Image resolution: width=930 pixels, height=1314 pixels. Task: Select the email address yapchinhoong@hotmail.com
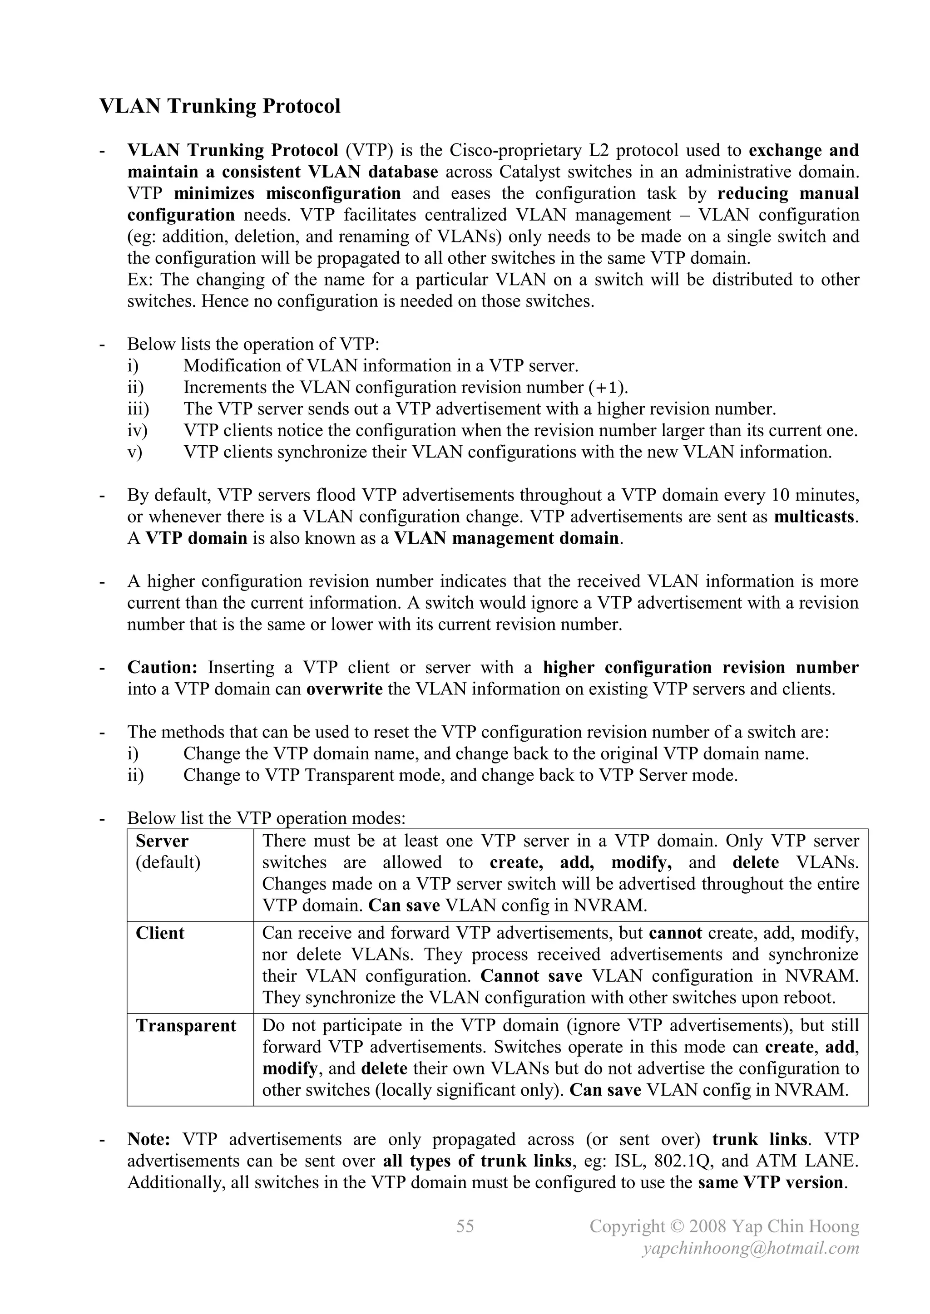click(751, 1248)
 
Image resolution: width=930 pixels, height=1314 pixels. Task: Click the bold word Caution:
click(163, 667)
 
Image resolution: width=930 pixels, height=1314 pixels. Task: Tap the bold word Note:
click(149, 1139)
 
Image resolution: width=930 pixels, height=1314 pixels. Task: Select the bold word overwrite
click(345, 689)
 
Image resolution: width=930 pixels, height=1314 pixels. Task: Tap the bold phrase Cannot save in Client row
click(531, 976)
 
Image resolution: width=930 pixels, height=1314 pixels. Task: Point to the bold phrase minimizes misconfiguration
click(287, 193)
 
